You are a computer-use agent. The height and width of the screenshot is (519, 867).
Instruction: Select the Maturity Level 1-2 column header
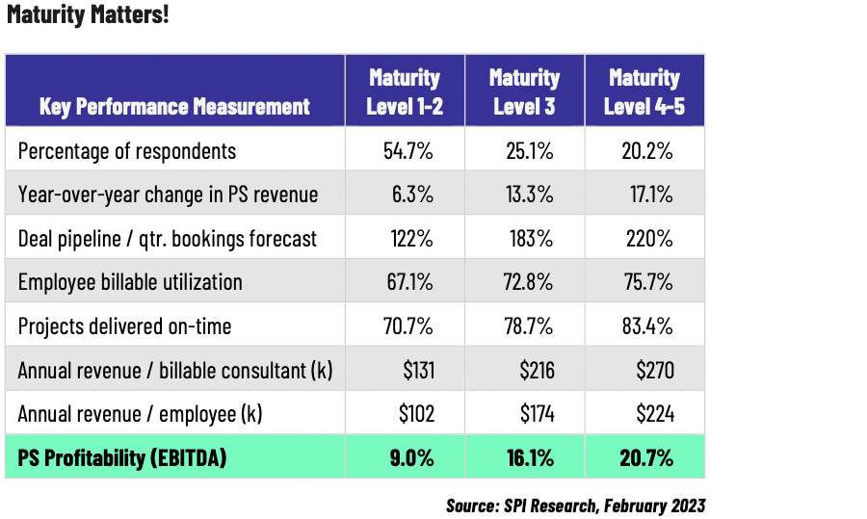pyautogui.click(x=405, y=91)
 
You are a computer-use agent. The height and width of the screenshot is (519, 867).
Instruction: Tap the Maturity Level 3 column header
pyautogui.click(x=524, y=91)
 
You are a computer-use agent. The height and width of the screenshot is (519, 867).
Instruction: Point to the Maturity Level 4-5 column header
pyautogui.click(x=644, y=91)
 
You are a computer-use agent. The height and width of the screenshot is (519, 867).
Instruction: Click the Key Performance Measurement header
pyautogui.click(x=174, y=106)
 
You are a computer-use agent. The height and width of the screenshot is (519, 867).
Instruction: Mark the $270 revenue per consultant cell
pyautogui.click(x=654, y=371)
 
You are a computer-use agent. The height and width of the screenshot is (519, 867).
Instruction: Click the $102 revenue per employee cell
pyautogui.click(x=416, y=414)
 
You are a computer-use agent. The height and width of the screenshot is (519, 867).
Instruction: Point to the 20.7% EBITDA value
pyautogui.click(x=647, y=458)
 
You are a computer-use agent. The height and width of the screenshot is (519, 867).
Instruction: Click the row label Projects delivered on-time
pyautogui.click(x=124, y=326)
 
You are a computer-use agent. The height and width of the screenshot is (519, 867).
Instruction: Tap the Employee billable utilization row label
pyautogui.click(x=130, y=282)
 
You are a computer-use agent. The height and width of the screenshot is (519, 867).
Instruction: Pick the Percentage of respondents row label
pyautogui.click(x=126, y=150)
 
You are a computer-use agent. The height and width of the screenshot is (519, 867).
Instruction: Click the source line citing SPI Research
pyautogui.click(x=575, y=505)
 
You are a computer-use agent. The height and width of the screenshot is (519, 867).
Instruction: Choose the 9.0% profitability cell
pyautogui.click(x=410, y=458)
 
